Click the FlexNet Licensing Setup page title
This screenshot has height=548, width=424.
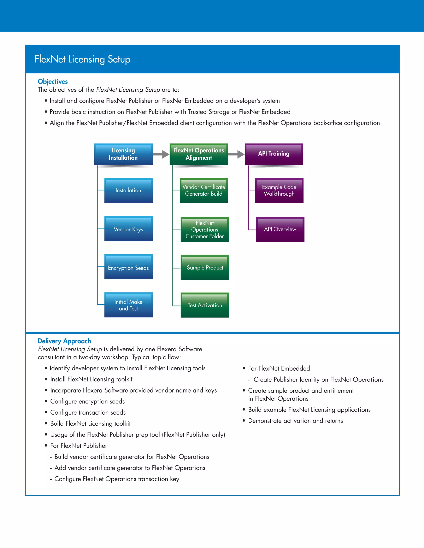[82, 59]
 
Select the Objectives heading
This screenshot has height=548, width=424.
[53, 81]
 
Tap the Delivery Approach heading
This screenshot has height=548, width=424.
[64, 341]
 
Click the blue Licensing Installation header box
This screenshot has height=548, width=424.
[123, 154]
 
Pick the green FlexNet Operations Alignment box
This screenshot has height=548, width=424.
[199, 154]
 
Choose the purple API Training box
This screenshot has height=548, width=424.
[274, 154]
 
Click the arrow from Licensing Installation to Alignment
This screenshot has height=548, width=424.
[161, 154]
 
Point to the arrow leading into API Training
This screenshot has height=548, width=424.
[236, 154]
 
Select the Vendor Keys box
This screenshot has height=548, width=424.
[128, 229]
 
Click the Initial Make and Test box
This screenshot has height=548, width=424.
[128, 305]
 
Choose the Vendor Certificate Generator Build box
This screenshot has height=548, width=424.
[204, 190]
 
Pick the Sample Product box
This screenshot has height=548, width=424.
[205, 267]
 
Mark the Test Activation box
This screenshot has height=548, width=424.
[205, 305]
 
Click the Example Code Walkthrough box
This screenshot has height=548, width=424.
[279, 190]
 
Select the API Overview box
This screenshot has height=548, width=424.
[280, 229]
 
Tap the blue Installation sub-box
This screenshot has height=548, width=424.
[128, 190]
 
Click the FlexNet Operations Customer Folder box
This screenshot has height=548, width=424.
[205, 229]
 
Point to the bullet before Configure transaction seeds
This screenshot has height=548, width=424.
[46, 412]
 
